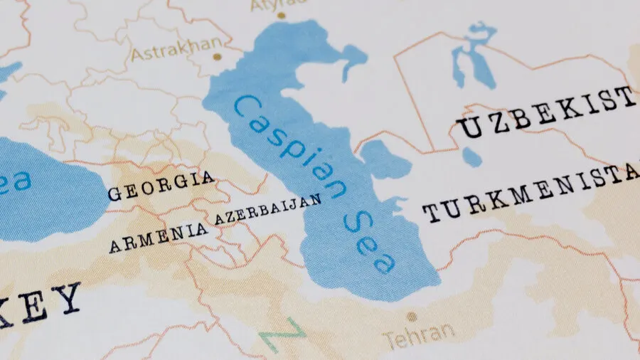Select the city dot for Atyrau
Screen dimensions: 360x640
click(281, 15)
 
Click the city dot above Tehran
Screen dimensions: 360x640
click(410, 316)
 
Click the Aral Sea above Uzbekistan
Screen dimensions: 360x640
click(473, 57)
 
